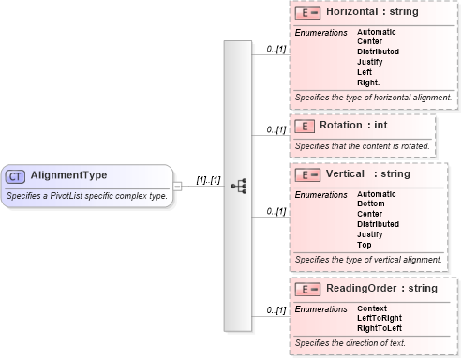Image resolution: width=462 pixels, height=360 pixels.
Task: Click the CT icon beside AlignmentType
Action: (x=16, y=175)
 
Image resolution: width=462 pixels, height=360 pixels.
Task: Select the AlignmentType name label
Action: (x=68, y=175)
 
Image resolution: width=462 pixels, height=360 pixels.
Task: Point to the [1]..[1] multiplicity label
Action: (x=207, y=179)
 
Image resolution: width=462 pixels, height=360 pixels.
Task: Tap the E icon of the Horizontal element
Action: (x=308, y=15)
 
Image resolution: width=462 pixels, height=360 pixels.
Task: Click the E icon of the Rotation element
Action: (x=303, y=126)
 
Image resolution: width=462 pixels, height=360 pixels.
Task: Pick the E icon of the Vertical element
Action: (x=308, y=174)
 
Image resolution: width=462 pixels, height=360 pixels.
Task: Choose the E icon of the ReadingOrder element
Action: (x=308, y=289)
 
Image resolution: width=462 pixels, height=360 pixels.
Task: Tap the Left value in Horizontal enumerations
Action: (x=364, y=71)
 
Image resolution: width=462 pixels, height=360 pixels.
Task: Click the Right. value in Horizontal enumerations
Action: (x=368, y=82)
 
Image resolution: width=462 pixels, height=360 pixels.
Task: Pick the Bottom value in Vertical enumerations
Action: (x=370, y=203)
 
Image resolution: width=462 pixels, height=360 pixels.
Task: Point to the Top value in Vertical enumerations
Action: (x=364, y=244)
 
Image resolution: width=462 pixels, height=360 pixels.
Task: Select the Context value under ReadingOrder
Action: (x=372, y=307)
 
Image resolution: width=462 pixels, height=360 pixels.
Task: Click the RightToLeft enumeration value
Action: (x=380, y=328)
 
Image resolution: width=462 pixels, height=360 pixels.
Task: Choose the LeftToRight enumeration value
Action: (x=380, y=318)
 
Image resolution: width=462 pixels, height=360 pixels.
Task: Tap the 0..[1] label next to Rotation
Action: (x=276, y=129)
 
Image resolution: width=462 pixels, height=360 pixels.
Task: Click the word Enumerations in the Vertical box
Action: (x=320, y=194)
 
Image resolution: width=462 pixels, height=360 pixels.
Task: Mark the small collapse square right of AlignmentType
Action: (x=178, y=186)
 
